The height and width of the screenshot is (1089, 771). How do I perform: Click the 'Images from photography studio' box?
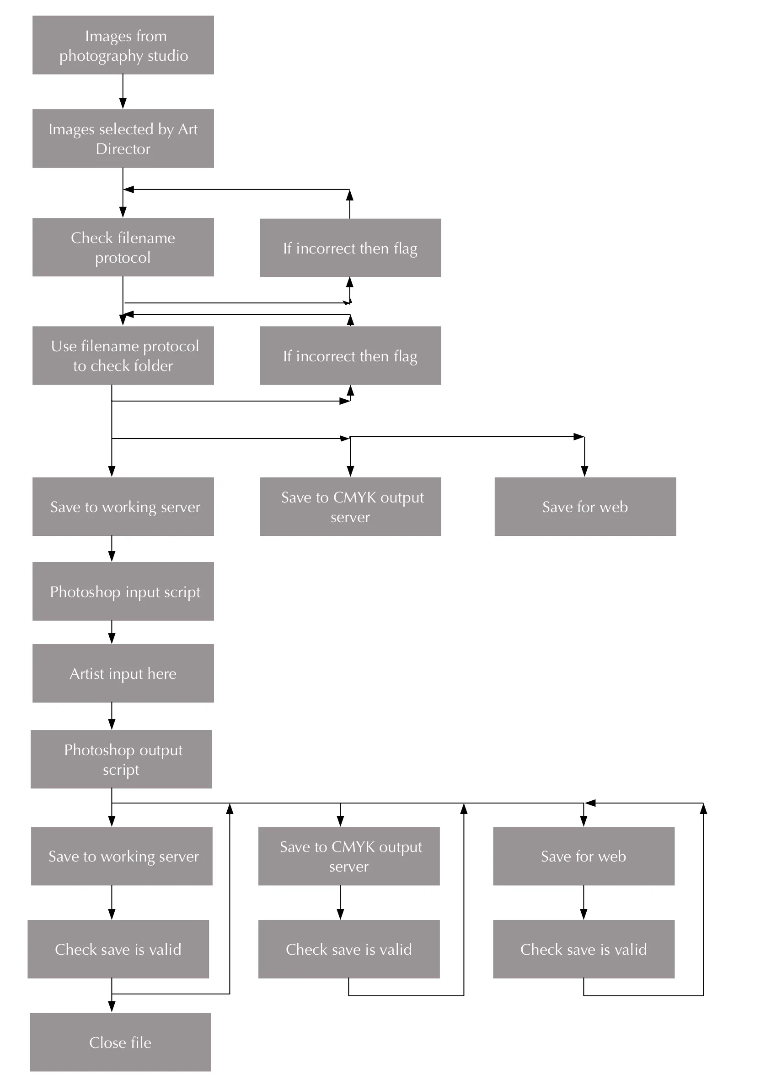tap(123, 45)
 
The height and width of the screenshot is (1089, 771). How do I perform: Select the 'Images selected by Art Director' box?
tap(123, 138)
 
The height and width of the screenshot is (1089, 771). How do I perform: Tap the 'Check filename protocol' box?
tap(123, 247)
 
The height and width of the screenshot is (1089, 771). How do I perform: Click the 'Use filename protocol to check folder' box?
tap(123, 355)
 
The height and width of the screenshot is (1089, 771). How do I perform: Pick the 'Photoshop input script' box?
tap(123, 592)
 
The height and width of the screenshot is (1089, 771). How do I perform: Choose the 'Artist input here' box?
tap(123, 673)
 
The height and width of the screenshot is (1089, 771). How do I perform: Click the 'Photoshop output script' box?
tap(121, 759)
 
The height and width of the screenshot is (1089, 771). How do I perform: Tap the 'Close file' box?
tap(120, 1042)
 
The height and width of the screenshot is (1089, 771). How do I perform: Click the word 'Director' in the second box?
tap(123, 149)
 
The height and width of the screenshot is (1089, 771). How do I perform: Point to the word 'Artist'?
tap(87, 673)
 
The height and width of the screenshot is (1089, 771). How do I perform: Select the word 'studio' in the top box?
tap(167, 55)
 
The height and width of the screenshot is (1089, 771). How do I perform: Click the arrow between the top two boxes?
tap(123, 91)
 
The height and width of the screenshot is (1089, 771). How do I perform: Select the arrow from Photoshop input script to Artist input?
tap(112, 632)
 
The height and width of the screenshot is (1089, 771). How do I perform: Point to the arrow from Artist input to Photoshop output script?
tap(112, 716)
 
